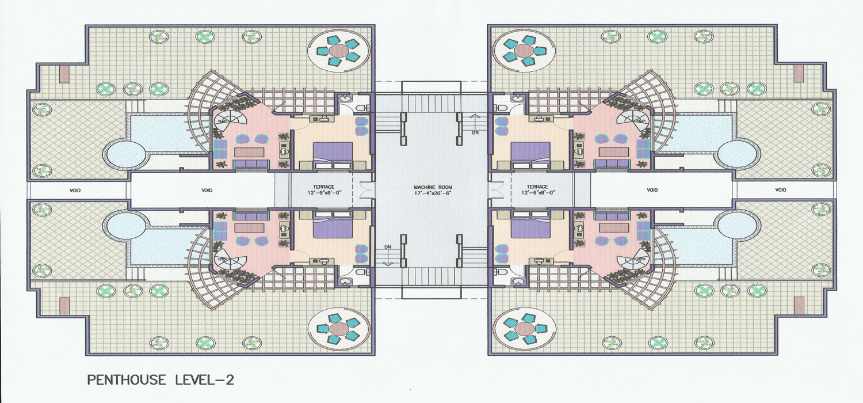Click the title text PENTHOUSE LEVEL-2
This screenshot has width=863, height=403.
[x=161, y=380]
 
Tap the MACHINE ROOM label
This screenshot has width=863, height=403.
[x=433, y=187]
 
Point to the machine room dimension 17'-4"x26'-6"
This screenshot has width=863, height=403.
[x=433, y=192]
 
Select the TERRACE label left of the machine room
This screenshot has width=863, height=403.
[x=323, y=187]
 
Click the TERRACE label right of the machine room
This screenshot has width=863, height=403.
[x=537, y=187]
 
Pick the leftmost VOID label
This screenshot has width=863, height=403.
[x=75, y=190]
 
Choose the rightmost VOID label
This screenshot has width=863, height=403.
[x=781, y=190]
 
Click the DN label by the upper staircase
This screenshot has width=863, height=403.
[x=476, y=132]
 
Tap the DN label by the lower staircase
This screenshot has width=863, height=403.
[x=388, y=246]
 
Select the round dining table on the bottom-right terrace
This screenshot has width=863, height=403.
[x=524, y=328]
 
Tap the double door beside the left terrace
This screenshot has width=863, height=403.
[x=365, y=190]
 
